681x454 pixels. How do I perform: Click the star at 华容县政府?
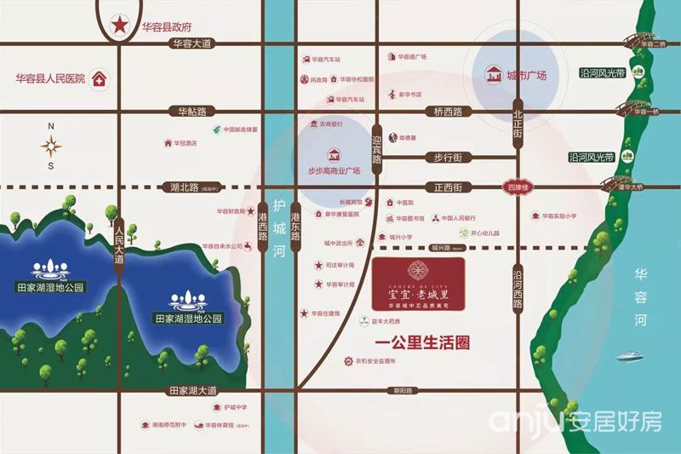119,25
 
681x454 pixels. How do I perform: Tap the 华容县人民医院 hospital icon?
99,80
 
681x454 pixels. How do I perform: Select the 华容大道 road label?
192,43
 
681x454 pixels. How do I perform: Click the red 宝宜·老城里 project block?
418,285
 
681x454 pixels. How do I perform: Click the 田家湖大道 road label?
192,390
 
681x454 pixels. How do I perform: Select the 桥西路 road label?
447,112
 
